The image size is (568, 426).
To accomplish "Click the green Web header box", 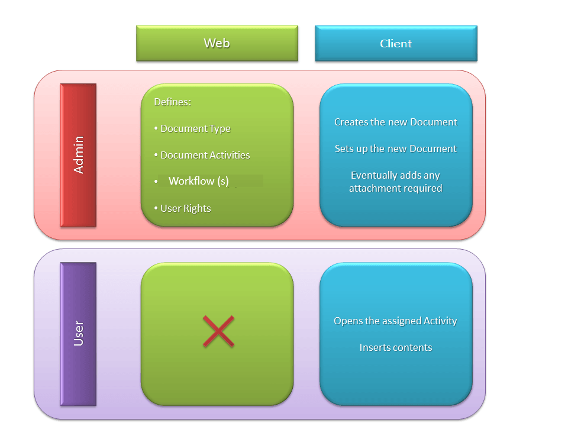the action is click(217, 43).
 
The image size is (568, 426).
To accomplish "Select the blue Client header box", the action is click(396, 43).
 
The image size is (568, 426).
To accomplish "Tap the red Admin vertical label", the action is click(78, 155).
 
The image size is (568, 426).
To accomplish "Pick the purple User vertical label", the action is click(78, 334).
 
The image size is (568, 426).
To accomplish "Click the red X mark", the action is click(218, 331).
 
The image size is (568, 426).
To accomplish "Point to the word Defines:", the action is click(172, 102).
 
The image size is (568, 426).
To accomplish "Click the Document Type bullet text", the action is click(195, 128).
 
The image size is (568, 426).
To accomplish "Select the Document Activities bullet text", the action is click(205, 155).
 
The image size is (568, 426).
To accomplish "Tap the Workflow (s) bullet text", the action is click(199, 181).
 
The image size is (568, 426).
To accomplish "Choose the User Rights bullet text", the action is click(185, 208).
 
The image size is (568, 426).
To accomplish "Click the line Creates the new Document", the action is click(396, 122).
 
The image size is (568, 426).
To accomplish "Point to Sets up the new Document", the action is click(396, 149).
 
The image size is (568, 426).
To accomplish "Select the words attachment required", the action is click(396, 188).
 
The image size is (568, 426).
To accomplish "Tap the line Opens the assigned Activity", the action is click(395, 321).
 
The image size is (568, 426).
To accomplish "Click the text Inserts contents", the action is click(396, 347).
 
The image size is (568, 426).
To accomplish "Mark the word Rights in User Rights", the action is click(197, 209).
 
